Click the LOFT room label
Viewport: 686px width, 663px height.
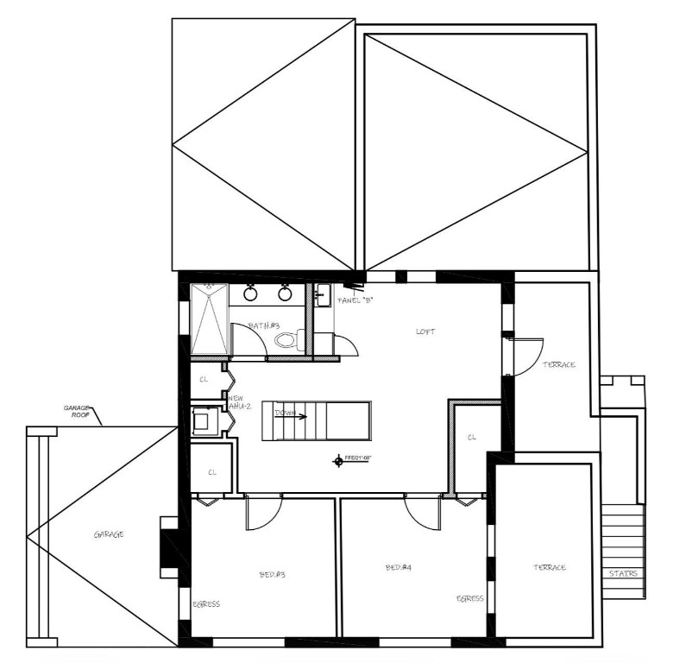[425, 331]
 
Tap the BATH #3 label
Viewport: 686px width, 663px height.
[263, 325]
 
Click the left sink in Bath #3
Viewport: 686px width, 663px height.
[250, 294]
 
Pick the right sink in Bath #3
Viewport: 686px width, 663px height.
[284, 294]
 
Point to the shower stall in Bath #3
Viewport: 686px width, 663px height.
[208, 319]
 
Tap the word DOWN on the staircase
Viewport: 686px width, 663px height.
[285, 414]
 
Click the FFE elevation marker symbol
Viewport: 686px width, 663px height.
[338, 461]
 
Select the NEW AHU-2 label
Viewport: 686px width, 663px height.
[237, 401]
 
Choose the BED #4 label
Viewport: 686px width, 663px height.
[398, 568]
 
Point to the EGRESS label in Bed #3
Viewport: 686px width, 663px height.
[205, 604]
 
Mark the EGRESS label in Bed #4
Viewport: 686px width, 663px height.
[470, 598]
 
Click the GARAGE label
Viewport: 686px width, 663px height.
[108, 534]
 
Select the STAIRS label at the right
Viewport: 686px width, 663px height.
[623, 573]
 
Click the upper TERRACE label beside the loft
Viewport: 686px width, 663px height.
[558, 365]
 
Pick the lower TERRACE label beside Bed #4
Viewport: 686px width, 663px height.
[549, 567]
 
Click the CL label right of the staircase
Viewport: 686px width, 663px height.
[472, 438]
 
